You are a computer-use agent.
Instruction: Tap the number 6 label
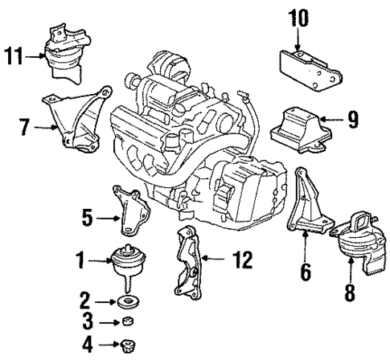(x=306, y=273)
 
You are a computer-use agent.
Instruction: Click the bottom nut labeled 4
(x=125, y=346)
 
